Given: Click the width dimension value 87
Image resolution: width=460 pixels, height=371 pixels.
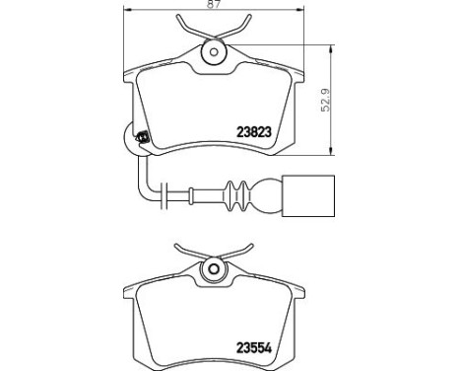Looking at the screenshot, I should (213, 7).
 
